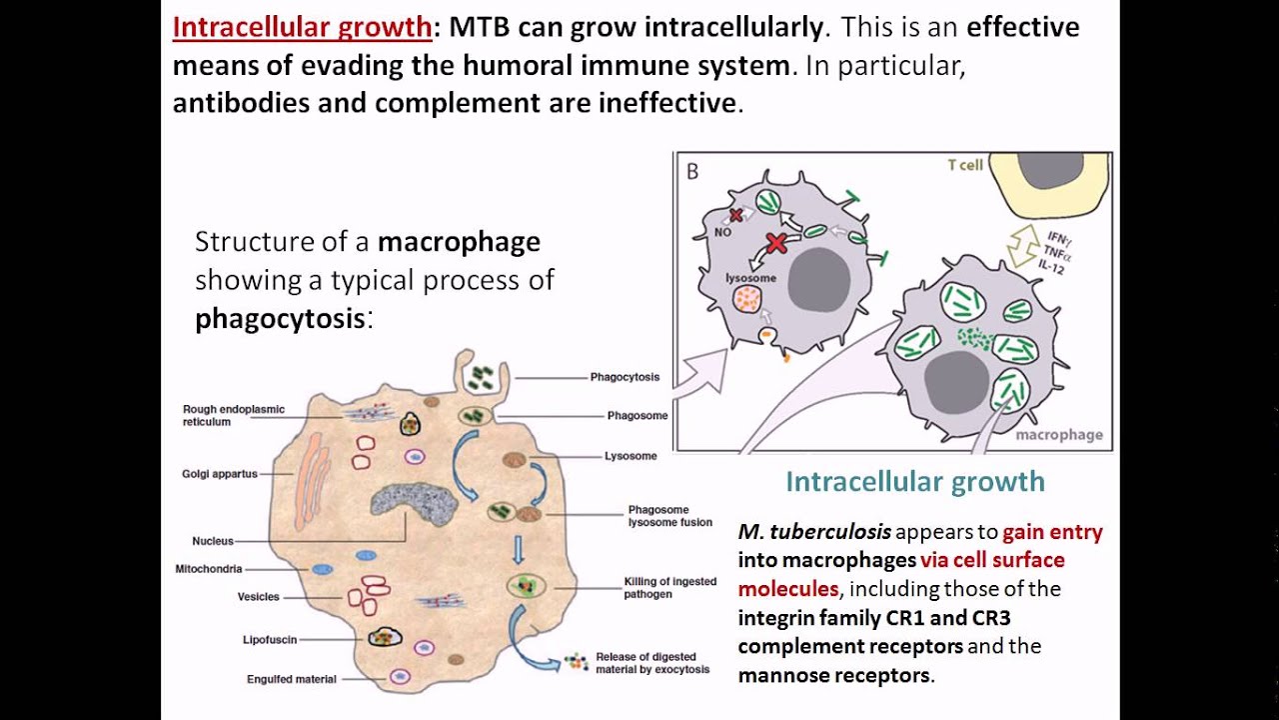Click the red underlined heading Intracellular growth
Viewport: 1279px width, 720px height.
302,27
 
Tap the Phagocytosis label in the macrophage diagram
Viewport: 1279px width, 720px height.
625,378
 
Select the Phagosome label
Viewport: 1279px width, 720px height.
638,416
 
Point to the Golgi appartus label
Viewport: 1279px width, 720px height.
220,474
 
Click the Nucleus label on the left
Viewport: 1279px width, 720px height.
213,541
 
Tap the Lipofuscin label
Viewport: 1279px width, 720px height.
269,639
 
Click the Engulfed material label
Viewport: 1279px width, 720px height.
292,680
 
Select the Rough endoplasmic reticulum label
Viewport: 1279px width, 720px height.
234,415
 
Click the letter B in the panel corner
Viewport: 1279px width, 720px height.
692,171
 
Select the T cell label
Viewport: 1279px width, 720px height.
965,165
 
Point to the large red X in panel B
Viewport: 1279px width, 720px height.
776,243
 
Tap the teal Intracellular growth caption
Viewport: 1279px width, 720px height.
914,482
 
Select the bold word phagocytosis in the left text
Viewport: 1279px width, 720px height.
280,319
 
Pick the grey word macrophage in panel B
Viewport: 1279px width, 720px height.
1059,435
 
